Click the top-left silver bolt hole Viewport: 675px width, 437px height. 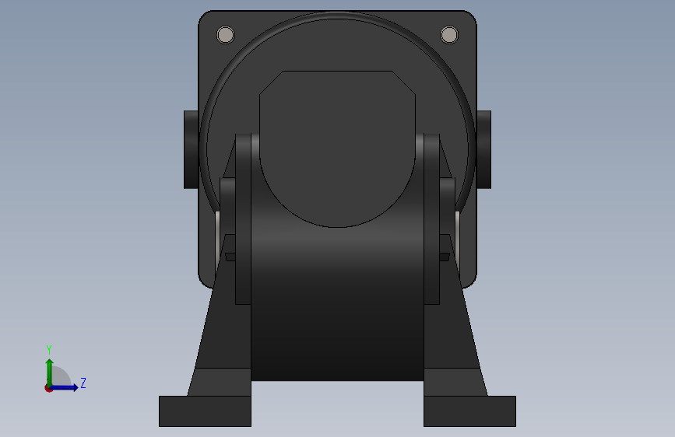pos(226,35)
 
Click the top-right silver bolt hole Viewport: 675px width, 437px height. pos(449,35)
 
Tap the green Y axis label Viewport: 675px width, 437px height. pos(49,350)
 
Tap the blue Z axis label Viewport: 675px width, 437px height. pos(83,383)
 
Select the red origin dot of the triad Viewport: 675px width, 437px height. pos(48,388)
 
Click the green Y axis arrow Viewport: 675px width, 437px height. pos(50,372)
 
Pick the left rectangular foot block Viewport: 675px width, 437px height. pos(205,411)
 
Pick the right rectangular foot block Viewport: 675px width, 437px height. pos(469,411)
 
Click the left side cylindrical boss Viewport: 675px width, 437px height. pos(192,149)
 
